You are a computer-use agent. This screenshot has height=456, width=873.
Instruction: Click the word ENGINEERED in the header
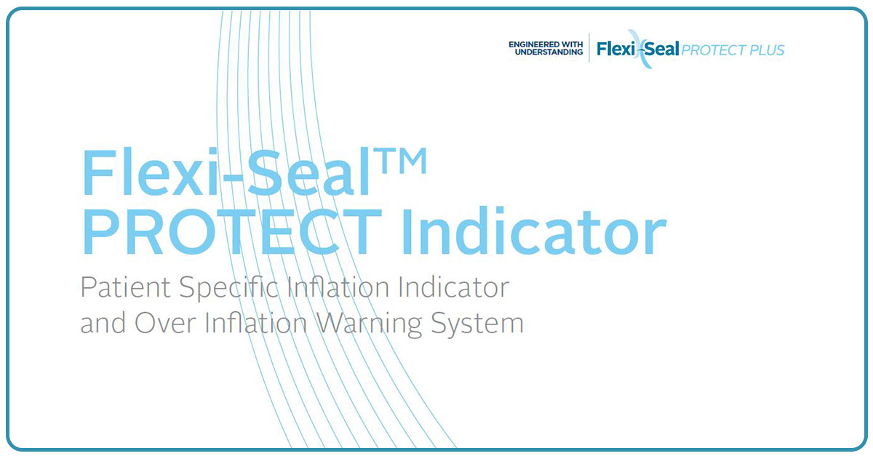pos(533,44)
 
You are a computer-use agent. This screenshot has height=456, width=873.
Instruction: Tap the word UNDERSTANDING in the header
pos(549,52)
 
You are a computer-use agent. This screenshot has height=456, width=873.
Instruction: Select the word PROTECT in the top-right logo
pos(708,50)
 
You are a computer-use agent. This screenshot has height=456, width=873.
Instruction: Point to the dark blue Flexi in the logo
pos(615,49)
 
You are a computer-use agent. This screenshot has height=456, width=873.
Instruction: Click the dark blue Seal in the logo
pos(661,49)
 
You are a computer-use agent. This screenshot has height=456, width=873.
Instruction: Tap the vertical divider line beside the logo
pos(589,47)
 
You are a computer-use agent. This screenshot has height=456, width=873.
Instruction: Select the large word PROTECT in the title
pos(232,231)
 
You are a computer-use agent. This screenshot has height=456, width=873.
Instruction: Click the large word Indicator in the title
pos(534,231)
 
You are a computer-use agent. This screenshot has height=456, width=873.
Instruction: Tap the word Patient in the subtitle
pos(125,287)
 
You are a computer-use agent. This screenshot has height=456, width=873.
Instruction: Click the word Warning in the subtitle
pos(369,324)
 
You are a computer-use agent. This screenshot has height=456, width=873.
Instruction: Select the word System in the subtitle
pos(477,324)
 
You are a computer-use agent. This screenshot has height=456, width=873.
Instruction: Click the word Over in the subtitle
pos(165,324)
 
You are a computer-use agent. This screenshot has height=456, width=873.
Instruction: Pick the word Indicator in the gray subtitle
pos(454,287)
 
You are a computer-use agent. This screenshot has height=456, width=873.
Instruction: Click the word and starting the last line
pos(103,323)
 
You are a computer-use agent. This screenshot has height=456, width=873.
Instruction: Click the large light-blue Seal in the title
pos(308,172)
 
